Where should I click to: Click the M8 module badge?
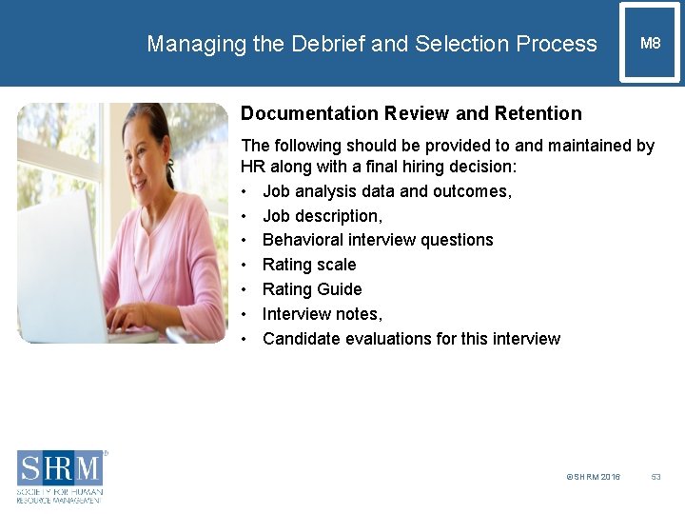click(650, 43)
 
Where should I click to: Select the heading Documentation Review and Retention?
click(411, 113)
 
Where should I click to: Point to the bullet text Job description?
click(323, 215)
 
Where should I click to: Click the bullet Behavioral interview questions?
click(378, 240)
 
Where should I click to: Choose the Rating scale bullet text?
click(309, 265)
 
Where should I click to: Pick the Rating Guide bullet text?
click(312, 289)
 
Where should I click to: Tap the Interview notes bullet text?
click(323, 314)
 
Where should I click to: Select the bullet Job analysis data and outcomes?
click(387, 191)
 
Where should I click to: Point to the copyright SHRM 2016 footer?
click(593, 477)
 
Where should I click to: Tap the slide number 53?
click(656, 477)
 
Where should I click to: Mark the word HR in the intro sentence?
click(253, 167)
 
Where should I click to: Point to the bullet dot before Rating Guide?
click(245, 289)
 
